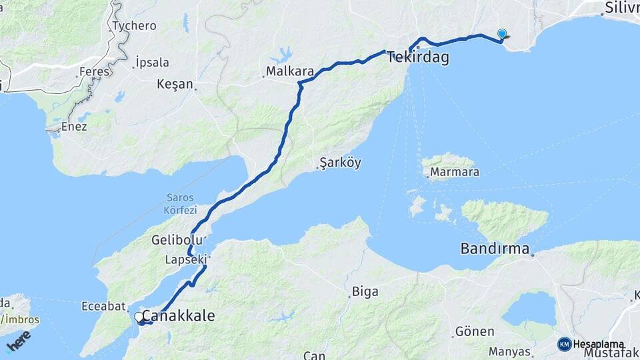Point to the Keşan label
pos(176,85)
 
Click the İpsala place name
pos(152,62)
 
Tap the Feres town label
pos(94,71)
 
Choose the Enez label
pos(73,126)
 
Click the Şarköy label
pos(340,163)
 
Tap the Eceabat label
pos(103,306)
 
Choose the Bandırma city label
pos(495,249)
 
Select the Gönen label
pos(474,331)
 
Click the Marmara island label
pos(455,172)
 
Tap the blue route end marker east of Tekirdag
pos(502,34)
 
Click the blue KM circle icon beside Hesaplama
pos(565,344)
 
